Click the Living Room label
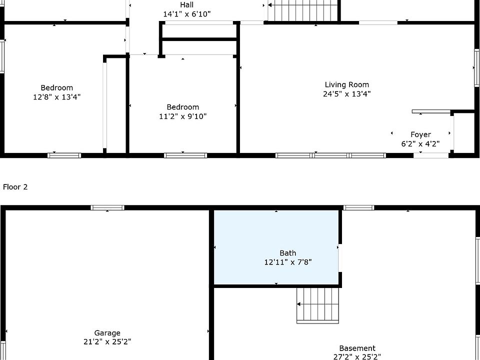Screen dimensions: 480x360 point(346,84)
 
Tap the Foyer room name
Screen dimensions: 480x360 point(420,134)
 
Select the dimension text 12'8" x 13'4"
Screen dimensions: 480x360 point(56,97)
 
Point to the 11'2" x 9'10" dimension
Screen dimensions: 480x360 point(183,116)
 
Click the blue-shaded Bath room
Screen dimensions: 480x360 point(276,247)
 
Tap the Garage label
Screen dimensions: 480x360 point(107,333)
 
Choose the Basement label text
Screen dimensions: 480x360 point(357,348)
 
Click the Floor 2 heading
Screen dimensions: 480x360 point(15,186)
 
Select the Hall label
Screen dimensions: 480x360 point(186,4)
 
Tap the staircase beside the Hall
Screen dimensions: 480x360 point(303,10)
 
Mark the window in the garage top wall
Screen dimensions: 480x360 point(107,207)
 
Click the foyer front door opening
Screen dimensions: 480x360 point(431,155)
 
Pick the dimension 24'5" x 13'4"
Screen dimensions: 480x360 point(347,93)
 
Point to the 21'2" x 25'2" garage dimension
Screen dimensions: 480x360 point(107,341)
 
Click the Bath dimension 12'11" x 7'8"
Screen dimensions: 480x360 point(288,262)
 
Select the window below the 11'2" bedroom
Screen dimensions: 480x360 point(185,155)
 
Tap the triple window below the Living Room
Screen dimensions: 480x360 point(330,155)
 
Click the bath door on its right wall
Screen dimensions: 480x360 point(340,257)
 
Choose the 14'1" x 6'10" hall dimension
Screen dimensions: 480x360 point(187,14)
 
